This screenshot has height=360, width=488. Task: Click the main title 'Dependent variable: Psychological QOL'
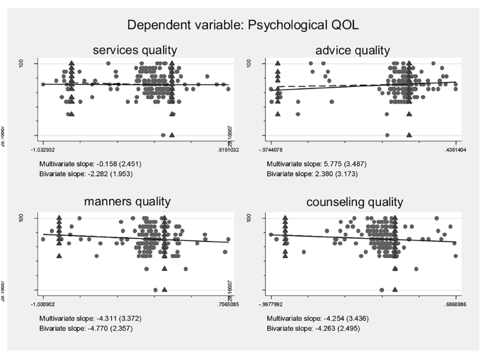(x=244, y=26)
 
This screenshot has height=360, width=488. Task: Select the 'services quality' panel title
(x=135, y=51)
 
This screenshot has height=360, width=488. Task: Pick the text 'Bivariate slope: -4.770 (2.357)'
(x=89, y=329)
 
